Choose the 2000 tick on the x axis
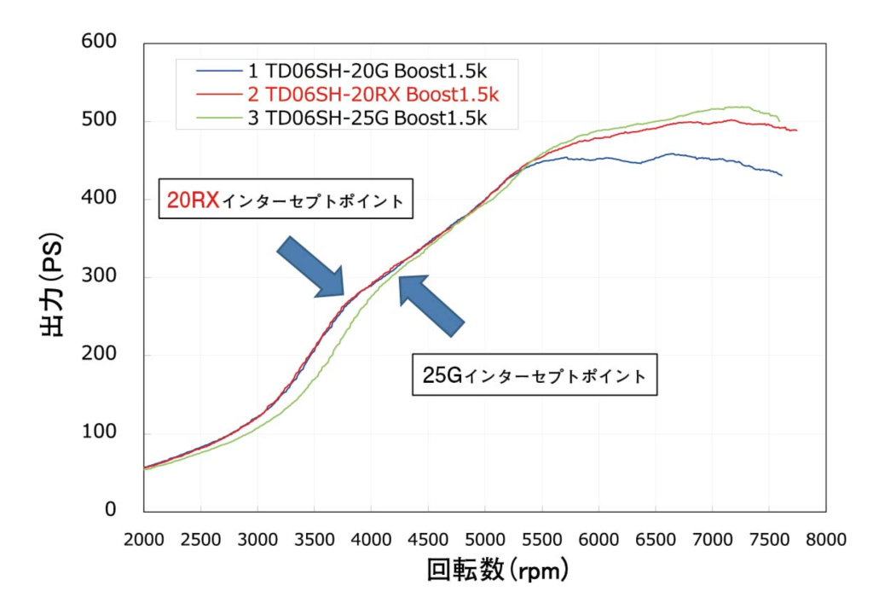(x=143, y=539)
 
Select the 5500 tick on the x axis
(x=541, y=539)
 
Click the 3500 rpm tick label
(x=314, y=539)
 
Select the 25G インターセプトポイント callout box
(x=535, y=374)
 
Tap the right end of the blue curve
(x=781, y=175)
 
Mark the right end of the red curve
(x=796, y=130)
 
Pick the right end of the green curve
(x=778, y=120)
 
